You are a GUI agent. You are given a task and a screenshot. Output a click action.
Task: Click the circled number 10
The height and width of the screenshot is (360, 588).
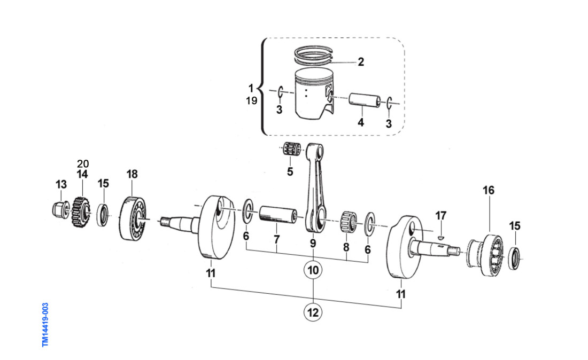(x=313, y=270)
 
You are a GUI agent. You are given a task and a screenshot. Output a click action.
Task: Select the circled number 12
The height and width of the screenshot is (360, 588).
(x=313, y=312)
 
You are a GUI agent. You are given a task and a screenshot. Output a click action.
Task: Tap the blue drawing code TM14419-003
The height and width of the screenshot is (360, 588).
(x=45, y=324)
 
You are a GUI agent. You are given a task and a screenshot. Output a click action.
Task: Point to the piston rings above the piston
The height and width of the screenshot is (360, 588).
(x=314, y=55)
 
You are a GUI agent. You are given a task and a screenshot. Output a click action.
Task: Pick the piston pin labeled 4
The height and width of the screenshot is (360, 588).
(x=363, y=101)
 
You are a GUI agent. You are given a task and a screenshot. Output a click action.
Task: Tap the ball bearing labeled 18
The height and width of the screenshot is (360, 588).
(x=131, y=218)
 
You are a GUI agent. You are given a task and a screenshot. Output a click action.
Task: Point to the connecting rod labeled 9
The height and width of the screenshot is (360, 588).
(x=314, y=187)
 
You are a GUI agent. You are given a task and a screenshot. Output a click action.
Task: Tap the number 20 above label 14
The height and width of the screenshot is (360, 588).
(x=82, y=163)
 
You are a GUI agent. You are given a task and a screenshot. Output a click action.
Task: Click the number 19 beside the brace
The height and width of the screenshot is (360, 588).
(x=251, y=100)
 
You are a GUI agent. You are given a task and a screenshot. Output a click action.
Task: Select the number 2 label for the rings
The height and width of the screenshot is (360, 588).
(x=361, y=62)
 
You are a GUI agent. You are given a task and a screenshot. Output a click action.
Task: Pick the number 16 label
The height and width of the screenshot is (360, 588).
(x=489, y=190)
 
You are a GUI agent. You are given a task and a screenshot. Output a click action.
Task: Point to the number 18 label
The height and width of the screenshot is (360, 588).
(x=132, y=174)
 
